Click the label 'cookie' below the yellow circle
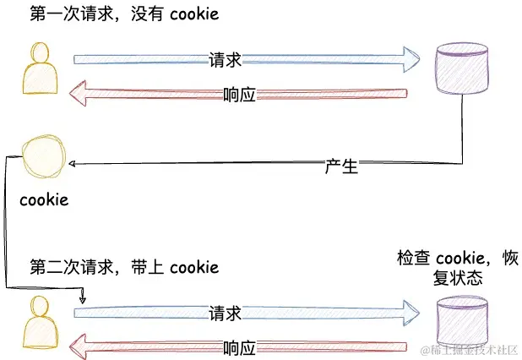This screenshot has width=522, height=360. pos(44,200)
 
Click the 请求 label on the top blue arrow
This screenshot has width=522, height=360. pos(225,59)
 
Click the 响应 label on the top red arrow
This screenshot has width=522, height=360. pos(240,94)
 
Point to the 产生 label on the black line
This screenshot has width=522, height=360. pos(341,166)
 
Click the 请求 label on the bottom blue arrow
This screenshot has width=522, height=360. pos(225,313)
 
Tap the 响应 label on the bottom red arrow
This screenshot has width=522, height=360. pos(240,347)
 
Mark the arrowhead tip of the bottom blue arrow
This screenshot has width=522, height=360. pos(420,311)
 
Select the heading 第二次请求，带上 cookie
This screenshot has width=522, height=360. pos(124,268)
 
